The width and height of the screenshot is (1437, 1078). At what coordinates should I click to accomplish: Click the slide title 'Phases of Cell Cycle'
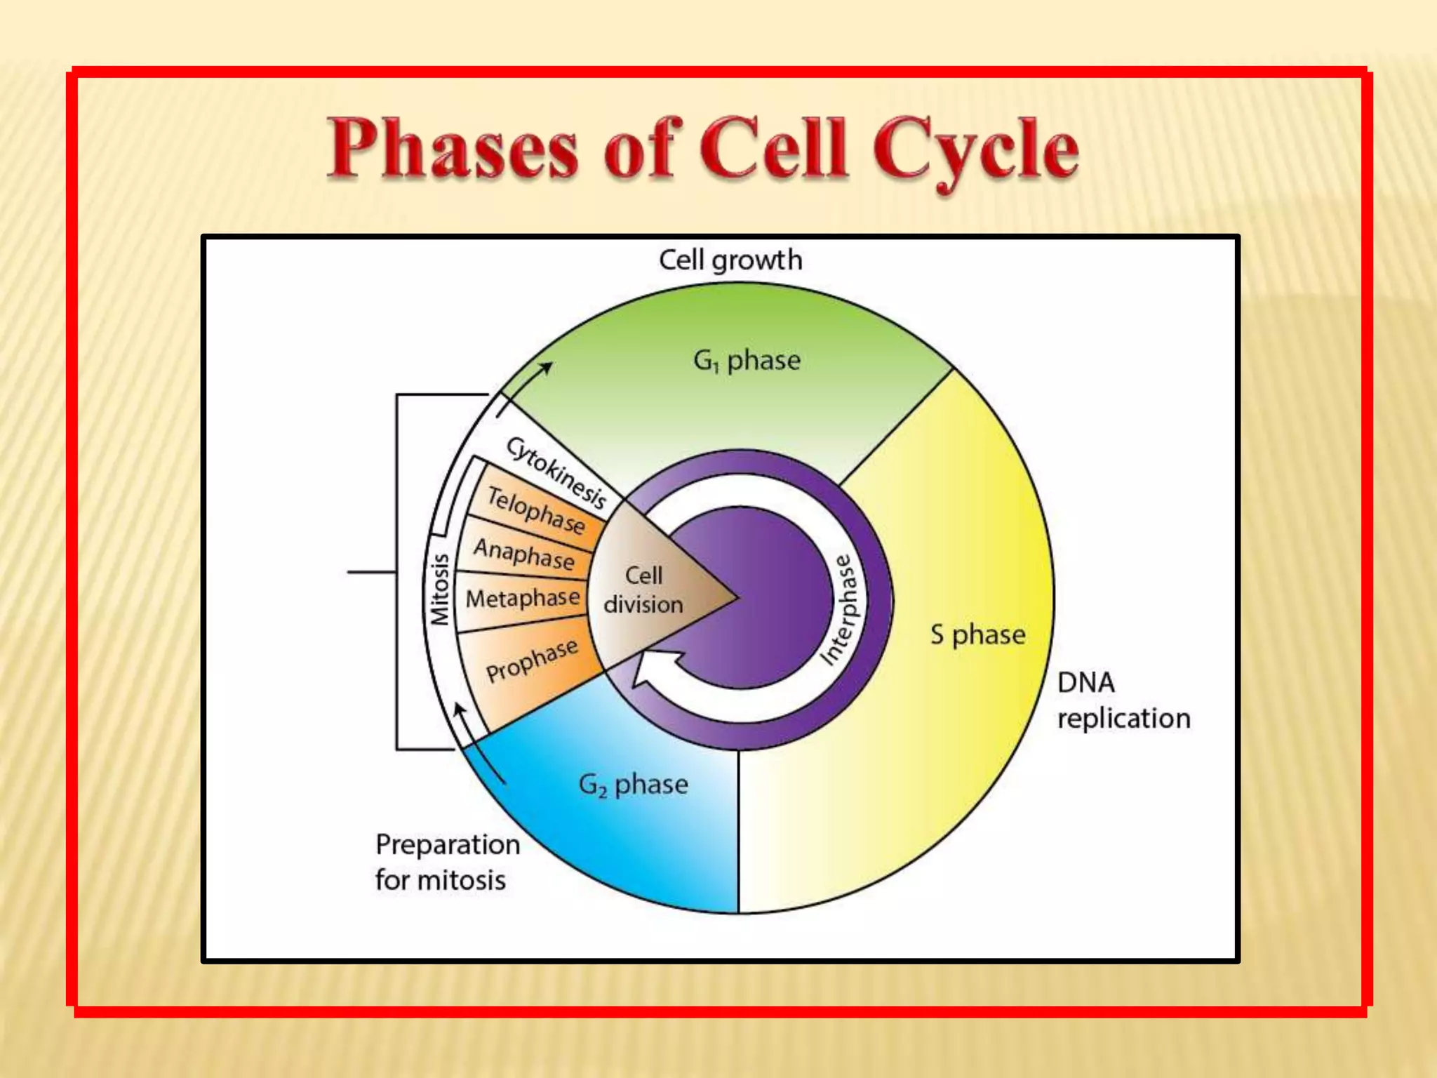pyautogui.click(x=702, y=149)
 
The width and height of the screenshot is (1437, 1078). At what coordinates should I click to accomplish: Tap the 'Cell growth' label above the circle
pyautogui.click(x=730, y=260)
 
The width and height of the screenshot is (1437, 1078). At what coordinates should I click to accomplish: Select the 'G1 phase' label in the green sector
pyautogui.click(x=747, y=361)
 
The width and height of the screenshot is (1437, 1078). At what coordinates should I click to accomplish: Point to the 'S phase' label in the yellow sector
pyautogui.click(x=977, y=634)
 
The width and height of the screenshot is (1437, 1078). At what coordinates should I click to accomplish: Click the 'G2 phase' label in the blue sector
pyautogui.click(x=633, y=785)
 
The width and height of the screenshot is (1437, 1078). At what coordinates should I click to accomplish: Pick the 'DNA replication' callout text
pyautogui.click(x=1123, y=700)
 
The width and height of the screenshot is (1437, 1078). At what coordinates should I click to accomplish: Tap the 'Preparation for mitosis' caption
pyautogui.click(x=447, y=862)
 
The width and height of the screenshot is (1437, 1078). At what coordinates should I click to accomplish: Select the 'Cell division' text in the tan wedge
pyautogui.click(x=643, y=590)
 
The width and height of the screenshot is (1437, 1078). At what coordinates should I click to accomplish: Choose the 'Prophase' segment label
pyautogui.click(x=532, y=660)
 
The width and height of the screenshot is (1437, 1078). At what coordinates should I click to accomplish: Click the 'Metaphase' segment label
pyautogui.click(x=523, y=598)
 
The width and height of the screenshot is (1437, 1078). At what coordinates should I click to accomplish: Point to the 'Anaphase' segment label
pyautogui.click(x=524, y=553)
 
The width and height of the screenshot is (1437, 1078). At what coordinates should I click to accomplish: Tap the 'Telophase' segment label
pyautogui.click(x=536, y=510)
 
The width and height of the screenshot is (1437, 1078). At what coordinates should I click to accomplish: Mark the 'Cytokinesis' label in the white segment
pyautogui.click(x=556, y=472)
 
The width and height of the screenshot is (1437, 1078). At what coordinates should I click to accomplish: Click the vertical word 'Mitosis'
pyautogui.click(x=439, y=590)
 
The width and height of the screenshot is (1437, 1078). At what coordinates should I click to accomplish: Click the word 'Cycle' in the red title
pyautogui.click(x=975, y=150)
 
